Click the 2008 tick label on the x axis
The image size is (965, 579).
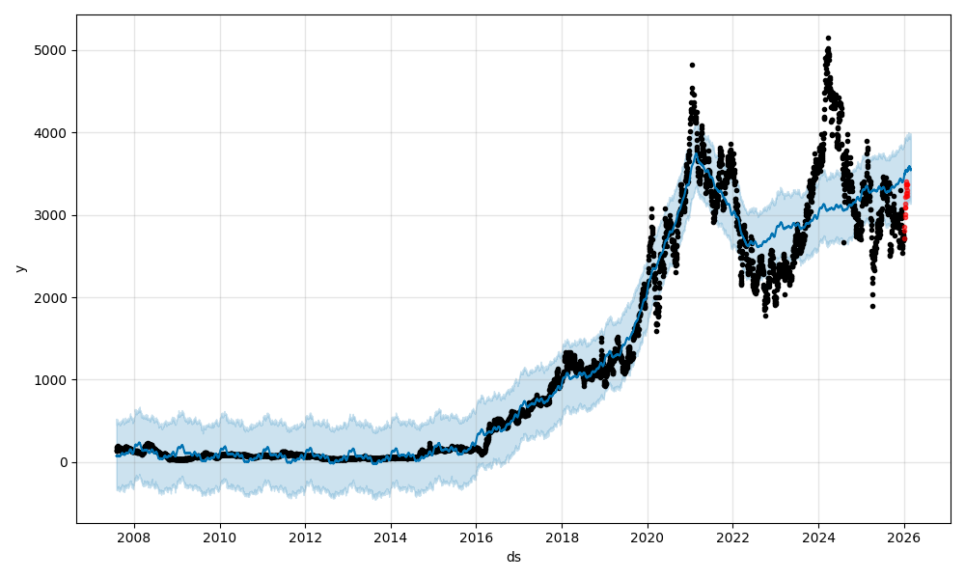[x=134, y=537]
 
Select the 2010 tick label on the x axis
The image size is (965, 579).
[x=220, y=537]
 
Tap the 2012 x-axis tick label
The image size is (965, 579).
[x=305, y=537]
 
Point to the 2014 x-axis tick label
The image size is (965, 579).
[x=391, y=537]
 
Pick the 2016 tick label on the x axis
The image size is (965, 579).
[x=476, y=537]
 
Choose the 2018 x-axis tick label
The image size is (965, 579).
[x=562, y=537]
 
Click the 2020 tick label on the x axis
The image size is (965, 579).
[x=648, y=537]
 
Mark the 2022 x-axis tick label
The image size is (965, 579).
[x=732, y=537]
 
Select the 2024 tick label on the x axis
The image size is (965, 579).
[x=818, y=537]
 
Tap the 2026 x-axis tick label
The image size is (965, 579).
[x=904, y=537]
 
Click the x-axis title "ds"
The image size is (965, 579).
[x=513, y=557]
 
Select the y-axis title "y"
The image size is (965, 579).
[x=19, y=268]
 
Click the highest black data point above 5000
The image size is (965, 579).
[x=828, y=39]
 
